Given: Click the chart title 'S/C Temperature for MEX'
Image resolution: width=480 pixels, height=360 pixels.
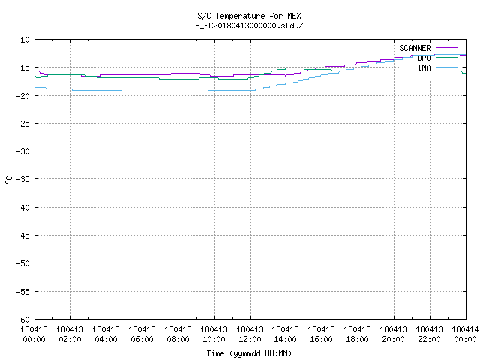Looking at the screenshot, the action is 249,16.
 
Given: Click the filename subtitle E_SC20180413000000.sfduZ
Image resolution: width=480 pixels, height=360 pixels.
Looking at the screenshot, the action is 249,25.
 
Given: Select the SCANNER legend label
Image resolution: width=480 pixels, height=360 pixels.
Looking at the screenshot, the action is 415,48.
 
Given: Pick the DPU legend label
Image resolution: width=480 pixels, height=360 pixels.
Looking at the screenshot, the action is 424,58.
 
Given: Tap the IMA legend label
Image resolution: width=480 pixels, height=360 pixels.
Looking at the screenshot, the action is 424,67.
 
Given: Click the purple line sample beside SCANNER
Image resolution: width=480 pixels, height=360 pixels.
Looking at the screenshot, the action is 447,48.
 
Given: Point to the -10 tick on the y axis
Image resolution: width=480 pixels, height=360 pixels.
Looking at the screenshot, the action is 23,40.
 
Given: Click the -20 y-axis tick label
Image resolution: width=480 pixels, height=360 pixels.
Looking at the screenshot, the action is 23,96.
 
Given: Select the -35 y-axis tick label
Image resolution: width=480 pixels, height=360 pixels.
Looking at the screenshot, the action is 23,179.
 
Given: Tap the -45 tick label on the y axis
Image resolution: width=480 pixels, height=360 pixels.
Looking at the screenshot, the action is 23,235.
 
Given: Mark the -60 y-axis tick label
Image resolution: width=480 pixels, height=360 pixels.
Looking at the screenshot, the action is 23,319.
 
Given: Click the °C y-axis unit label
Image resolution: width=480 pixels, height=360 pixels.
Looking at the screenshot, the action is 8,180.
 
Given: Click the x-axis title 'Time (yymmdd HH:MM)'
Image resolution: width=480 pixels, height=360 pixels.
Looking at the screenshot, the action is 249,353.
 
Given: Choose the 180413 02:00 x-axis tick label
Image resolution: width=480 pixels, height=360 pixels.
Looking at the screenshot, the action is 70,334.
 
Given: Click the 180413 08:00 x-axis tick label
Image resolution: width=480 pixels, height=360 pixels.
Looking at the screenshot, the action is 178,334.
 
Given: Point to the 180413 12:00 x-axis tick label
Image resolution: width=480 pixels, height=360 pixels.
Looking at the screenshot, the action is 250,334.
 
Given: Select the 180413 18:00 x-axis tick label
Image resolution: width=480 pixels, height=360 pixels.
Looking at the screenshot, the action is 357,334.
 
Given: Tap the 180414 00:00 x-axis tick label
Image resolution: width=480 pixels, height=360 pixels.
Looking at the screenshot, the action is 465,334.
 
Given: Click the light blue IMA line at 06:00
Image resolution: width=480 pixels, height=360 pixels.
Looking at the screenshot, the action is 142,88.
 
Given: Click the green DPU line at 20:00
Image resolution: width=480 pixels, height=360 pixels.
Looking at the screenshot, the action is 394,71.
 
